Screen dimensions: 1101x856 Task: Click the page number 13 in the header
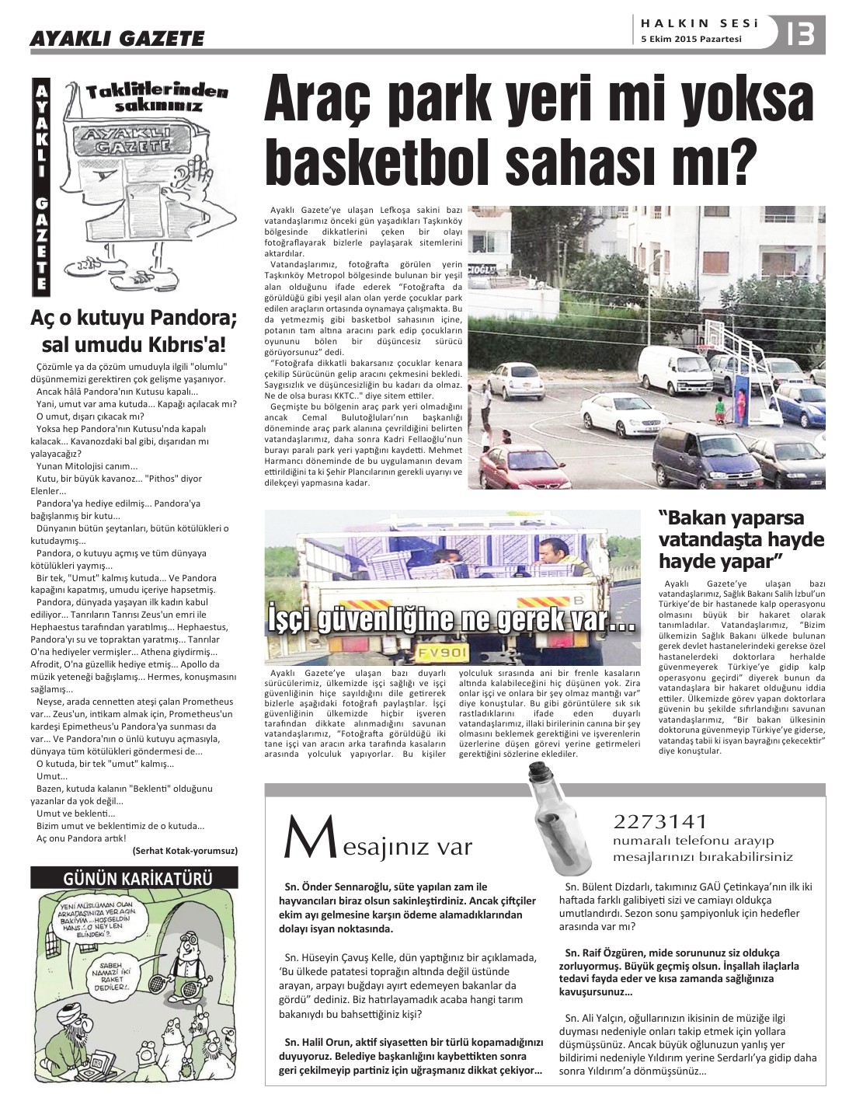[x=800, y=34]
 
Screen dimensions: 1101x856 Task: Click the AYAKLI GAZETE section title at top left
[x=117, y=38]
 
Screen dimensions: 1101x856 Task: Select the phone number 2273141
[x=660, y=821]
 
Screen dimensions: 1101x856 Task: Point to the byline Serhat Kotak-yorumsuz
[x=184, y=851]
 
